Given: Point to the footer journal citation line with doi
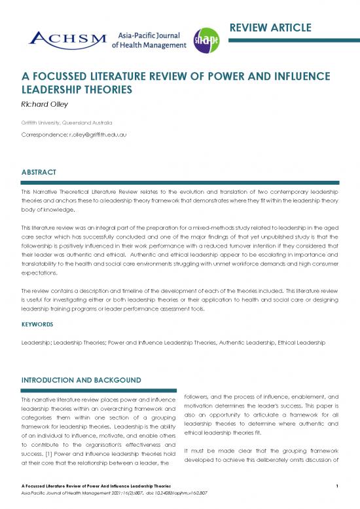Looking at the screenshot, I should click(x=96, y=493).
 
